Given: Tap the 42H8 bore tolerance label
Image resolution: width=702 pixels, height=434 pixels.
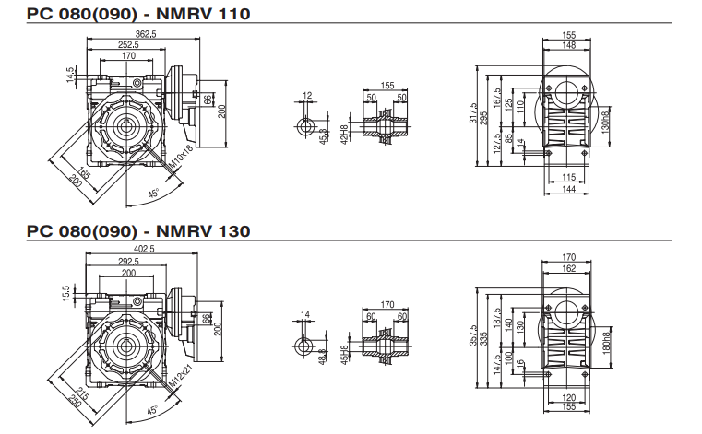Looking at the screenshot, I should (344, 135).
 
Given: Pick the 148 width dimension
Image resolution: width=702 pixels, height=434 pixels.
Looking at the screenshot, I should (568, 45).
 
